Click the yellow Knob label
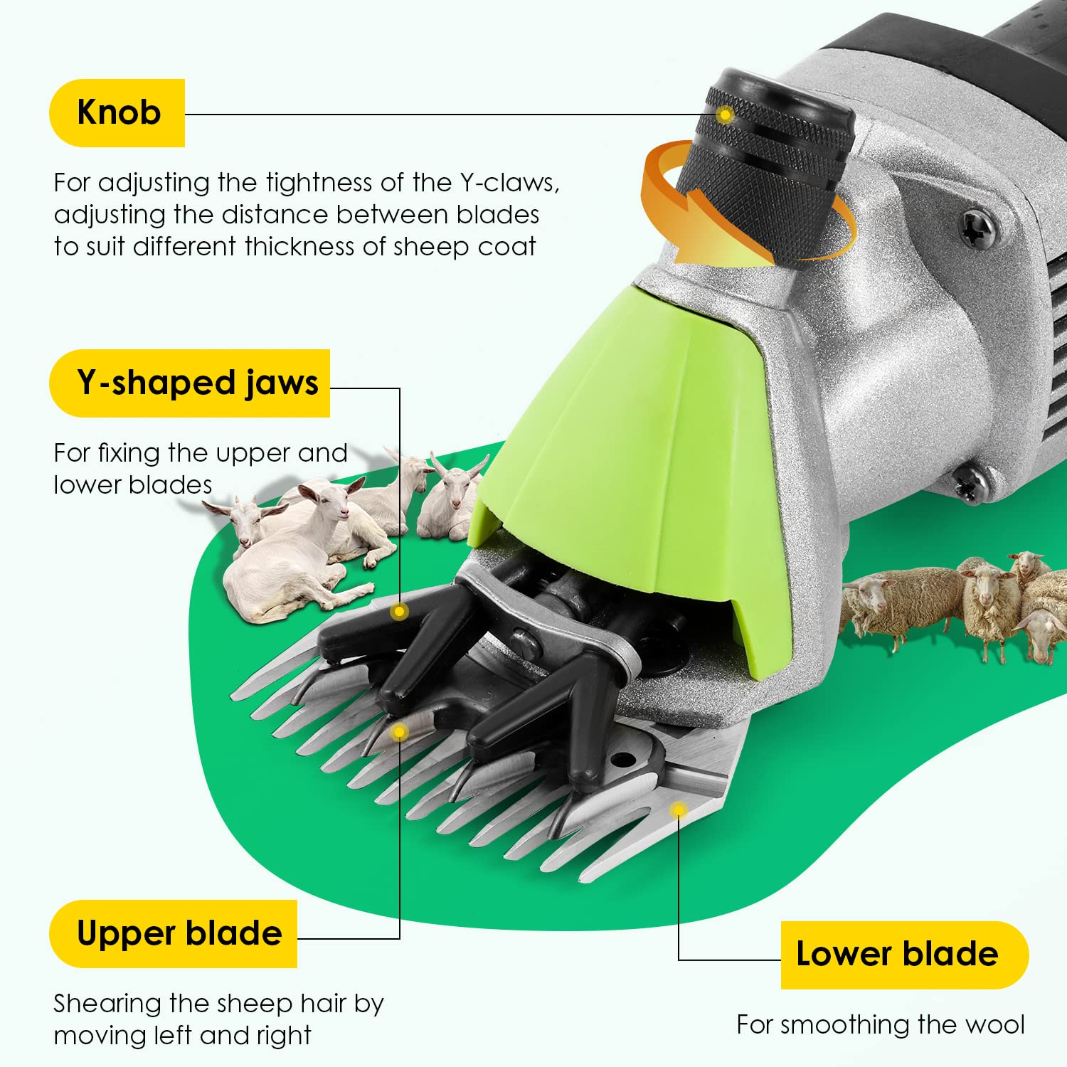coord(117,113)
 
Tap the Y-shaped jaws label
coord(190,383)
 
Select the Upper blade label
coord(173,933)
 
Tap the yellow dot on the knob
coord(725,115)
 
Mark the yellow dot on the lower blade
coord(679,809)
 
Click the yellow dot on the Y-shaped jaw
coord(400,611)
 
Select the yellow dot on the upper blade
coord(400,731)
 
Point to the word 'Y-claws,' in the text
coord(509,183)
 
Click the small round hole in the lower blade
coord(623,760)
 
